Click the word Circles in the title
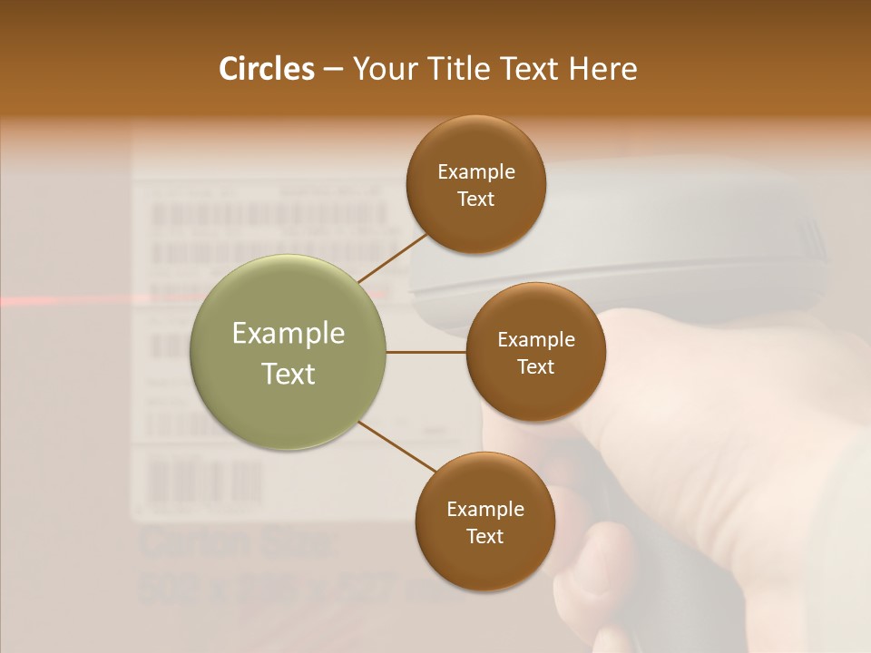point(266,69)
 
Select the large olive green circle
point(288,352)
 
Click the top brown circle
point(475,184)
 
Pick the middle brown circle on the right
point(535,352)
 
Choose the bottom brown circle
point(484,521)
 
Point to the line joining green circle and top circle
point(393,256)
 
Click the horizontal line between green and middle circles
point(426,352)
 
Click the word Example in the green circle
point(288,333)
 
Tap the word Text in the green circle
point(288,373)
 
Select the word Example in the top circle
point(475,171)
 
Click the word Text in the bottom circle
point(484,536)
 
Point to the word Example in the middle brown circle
point(535,339)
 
